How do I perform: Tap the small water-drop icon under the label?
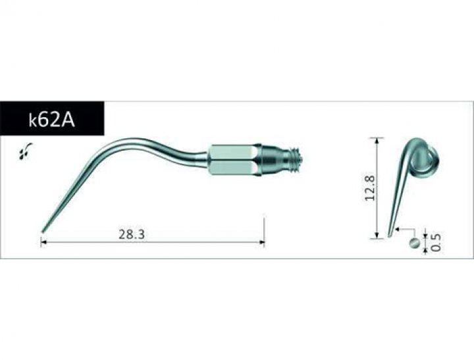pyautogui.click(x=24, y=153)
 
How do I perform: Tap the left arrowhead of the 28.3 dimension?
pyautogui.click(x=43, y=243)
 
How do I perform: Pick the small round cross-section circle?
pyautogui.click(x=413, y=244)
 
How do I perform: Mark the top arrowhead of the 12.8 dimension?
pyautogui.click(x=377, y=140)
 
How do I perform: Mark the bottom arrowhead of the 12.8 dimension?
pyautogui.click(x=377, y=236)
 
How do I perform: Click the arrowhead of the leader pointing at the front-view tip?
pyautogui.click(x=396, y=230)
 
